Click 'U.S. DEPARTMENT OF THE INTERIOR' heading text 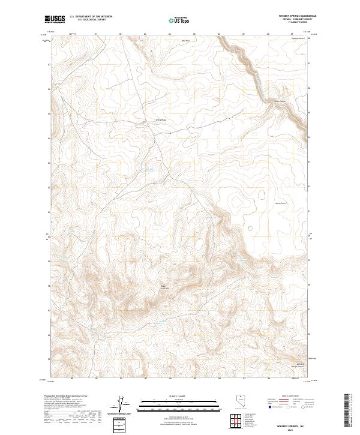91,17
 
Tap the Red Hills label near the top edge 186,41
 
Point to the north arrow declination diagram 124,405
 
